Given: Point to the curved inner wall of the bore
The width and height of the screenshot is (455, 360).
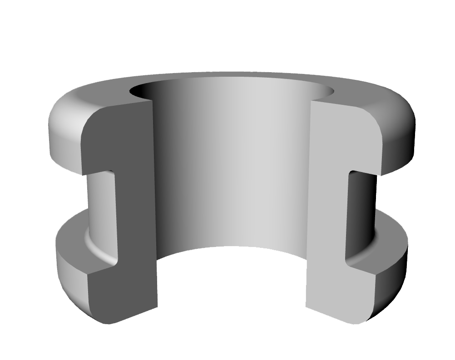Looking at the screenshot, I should pos(232,173).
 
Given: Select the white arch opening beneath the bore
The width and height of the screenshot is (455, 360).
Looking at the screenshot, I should pos(232,286).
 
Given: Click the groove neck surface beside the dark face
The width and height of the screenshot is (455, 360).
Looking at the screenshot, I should pos(98,204).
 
